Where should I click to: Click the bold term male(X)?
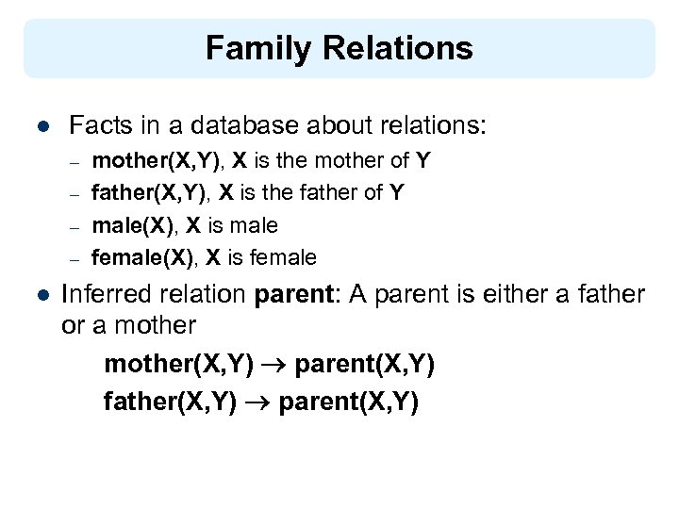coord(135,225)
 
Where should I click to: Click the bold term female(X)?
coord(144,257)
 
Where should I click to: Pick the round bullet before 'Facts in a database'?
coord(40,125)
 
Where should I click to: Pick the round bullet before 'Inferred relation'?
coord(40,295)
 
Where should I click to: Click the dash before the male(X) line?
coord(75,226)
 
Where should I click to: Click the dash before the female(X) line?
coord(75,258)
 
